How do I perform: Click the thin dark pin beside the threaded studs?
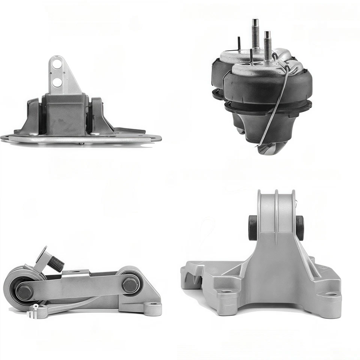coord(239,44)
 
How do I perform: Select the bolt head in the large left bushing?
coord(24,291)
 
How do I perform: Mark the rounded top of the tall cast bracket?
coord(276,197)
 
